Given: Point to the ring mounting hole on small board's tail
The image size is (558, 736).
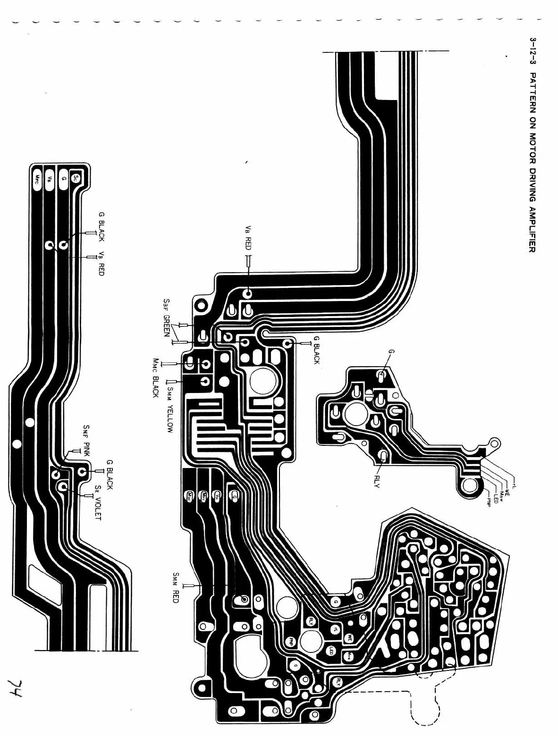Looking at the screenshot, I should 471,485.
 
